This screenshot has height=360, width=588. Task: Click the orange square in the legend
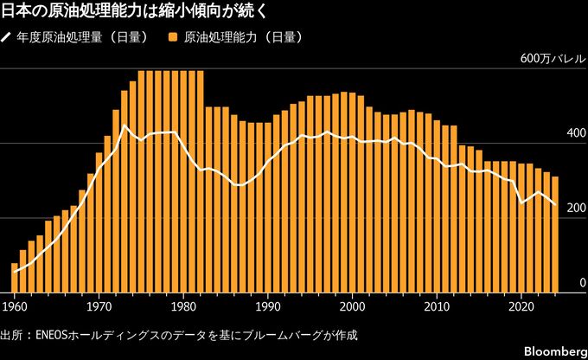click(x=173, y=38)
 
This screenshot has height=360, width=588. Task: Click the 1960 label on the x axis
click(x=14, y=305)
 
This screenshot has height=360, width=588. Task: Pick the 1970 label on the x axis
click(x=99, y=305)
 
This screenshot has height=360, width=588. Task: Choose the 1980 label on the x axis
click(x=182, y=305)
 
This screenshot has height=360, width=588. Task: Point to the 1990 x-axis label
click(x=267, y=305)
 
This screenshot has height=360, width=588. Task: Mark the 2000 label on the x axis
click(x=351, y=305)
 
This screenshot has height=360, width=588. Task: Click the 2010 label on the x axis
click(x=436, y=305)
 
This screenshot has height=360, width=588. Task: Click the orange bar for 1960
click(x=15, y=279)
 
